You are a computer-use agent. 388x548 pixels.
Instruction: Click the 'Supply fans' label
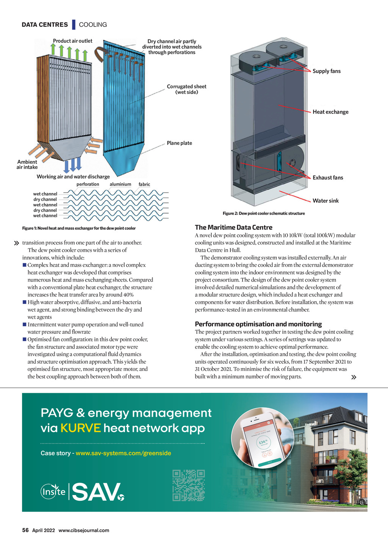point(326,71)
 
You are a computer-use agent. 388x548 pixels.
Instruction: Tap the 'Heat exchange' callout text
point(330,112)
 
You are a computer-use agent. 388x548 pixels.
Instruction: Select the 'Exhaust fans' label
point(328,177)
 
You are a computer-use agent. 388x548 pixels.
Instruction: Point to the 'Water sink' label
point(325,201)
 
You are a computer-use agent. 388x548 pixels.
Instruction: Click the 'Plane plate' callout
point(179,143)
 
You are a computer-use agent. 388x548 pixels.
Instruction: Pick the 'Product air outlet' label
point(72,41)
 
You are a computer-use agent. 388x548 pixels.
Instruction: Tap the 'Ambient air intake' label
point(27,165)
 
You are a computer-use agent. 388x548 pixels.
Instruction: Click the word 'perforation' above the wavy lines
point(88,184)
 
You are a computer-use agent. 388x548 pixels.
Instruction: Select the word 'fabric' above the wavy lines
point(144,184)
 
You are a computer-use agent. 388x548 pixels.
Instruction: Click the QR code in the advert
point(188,486)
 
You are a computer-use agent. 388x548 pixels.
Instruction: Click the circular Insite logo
point(53,492)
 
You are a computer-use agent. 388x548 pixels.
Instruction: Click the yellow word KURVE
point(80,428)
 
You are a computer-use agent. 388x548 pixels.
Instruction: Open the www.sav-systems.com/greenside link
point(123,453)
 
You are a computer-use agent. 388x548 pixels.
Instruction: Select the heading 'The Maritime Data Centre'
point(233,227)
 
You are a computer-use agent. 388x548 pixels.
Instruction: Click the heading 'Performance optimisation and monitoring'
point(258,324)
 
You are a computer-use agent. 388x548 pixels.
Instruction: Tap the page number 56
point(25,530)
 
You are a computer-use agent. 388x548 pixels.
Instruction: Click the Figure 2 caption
point(264,213)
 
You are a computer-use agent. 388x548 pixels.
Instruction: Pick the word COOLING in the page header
point(93,25)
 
